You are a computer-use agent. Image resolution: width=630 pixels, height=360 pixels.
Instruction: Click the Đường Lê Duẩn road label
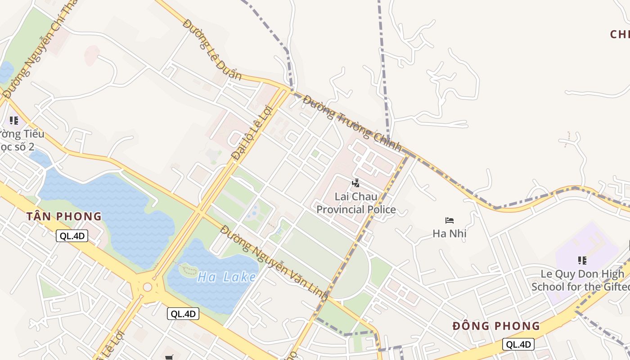(212, 49)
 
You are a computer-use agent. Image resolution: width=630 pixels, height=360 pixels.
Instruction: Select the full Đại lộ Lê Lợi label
(252, 132)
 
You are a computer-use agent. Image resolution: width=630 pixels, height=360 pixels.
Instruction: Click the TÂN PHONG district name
(64, 216)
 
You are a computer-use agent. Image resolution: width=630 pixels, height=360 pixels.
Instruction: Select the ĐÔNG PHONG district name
(496, 326)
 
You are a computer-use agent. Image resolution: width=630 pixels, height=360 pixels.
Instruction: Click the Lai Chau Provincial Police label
(356, 203)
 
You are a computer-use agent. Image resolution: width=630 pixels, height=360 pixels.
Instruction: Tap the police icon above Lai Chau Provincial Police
(355, 183)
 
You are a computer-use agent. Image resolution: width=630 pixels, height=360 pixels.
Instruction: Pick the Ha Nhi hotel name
(449, 234)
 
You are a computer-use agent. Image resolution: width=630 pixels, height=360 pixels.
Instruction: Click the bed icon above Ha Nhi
(449, 220)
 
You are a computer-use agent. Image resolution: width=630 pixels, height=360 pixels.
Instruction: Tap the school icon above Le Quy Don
(582, 260)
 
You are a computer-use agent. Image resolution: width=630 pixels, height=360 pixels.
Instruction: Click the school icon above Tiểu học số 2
(14, 120)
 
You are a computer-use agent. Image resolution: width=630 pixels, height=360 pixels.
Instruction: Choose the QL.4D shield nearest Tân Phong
(72, 236)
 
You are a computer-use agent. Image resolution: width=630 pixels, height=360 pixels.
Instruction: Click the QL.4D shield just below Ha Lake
(183, 314)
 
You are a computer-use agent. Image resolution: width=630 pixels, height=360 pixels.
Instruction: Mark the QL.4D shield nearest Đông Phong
(518, 344)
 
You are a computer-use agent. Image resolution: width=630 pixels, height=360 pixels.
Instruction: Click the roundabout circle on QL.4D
(147, 287)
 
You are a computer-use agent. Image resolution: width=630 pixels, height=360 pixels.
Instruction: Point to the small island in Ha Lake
(189, 271)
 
